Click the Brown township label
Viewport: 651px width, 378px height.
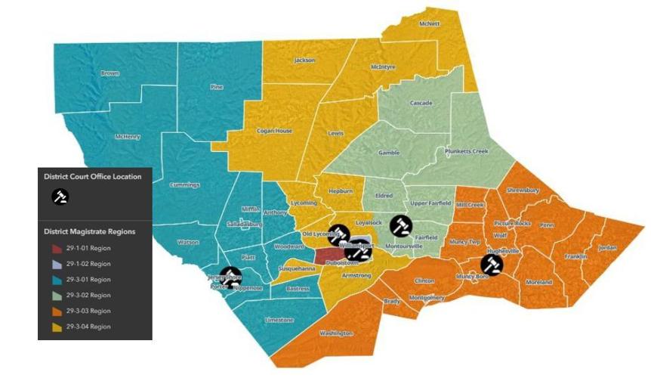click(110, 73)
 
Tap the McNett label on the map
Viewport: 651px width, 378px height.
click(429, 23)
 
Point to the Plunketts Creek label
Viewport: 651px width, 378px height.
click(467, 151)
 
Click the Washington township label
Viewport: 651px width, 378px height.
click(336, 333)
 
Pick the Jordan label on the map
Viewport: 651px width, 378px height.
click(607, 248)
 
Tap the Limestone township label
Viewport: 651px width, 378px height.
click(279, 320)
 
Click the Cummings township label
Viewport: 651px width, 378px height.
click(185, 184)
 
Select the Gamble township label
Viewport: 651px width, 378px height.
click(389, 152)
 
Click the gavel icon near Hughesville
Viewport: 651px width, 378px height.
click(492, 264)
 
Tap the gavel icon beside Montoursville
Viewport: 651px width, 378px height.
click(400, 225)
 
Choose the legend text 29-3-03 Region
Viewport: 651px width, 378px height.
click(88, 311)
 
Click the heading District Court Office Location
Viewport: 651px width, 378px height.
click(92, 177)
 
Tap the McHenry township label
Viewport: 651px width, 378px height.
click(128, 137)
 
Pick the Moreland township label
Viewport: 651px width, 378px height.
click(539, 282)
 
